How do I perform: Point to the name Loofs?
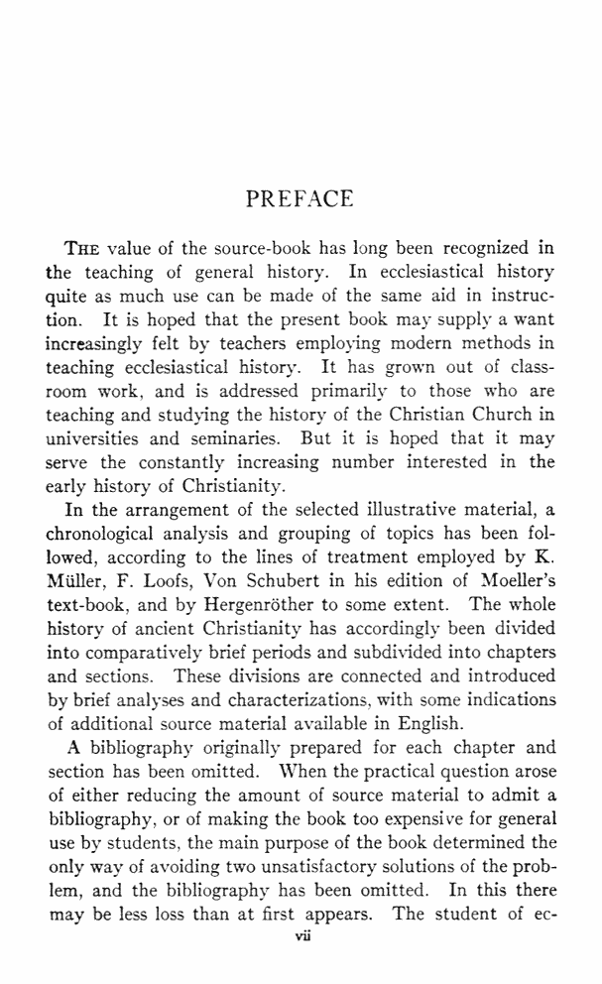point(172,581)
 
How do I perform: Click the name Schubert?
point(292,581)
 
